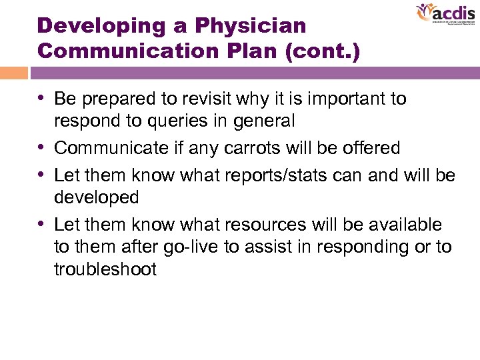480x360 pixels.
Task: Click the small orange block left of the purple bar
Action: [x=14, y=73]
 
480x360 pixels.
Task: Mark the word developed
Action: [x=96, y=198]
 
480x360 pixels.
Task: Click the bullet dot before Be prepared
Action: [x=43, y=99]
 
